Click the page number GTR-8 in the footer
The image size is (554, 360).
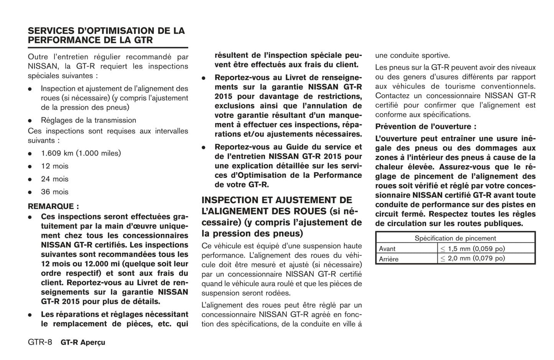point(40,342)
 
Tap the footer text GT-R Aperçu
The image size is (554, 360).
point(83,342)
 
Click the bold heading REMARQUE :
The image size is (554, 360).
point(53,206)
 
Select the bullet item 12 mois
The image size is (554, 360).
point(55,166)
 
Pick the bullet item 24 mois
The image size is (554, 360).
point(55,179)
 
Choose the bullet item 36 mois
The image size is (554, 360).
point(55,192)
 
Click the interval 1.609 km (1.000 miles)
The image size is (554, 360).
point(81,153)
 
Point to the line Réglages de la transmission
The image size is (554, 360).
point(89,120)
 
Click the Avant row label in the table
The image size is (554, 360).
point(387,249)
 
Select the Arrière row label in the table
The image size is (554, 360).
point(389,259)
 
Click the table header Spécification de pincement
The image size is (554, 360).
point(455,238)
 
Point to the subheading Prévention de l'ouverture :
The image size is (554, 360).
point(426,127)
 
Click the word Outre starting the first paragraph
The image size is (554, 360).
point(38,57)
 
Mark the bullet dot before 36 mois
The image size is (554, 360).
point(30,192)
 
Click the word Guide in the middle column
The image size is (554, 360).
point(300,147)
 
